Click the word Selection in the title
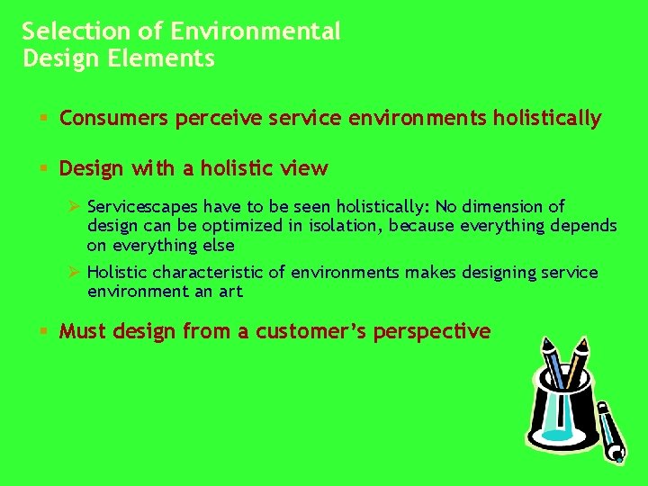coord(64,31)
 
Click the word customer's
coord(307,332)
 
